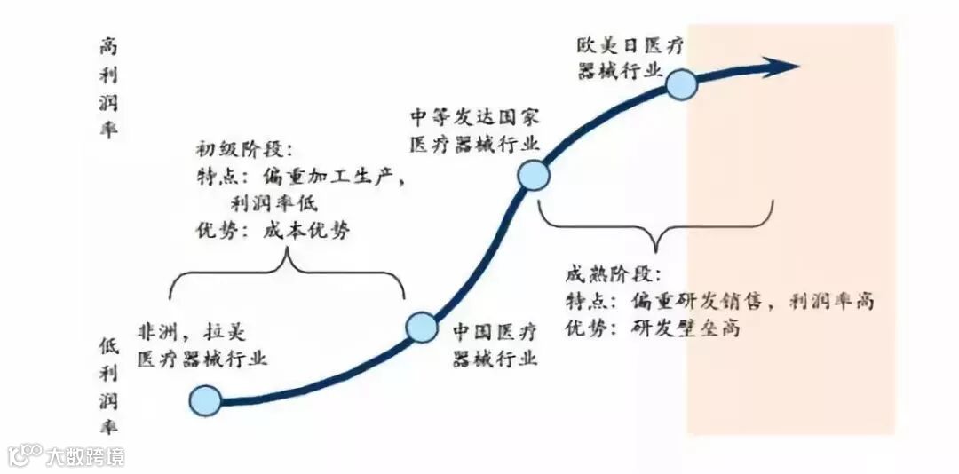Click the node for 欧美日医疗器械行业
[x=680, y=84]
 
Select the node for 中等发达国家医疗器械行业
[x=534, y=176]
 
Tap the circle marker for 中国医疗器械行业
[x=422, y=327]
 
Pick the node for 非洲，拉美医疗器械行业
[x=205, y=400]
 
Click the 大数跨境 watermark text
[x=87, y=456]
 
